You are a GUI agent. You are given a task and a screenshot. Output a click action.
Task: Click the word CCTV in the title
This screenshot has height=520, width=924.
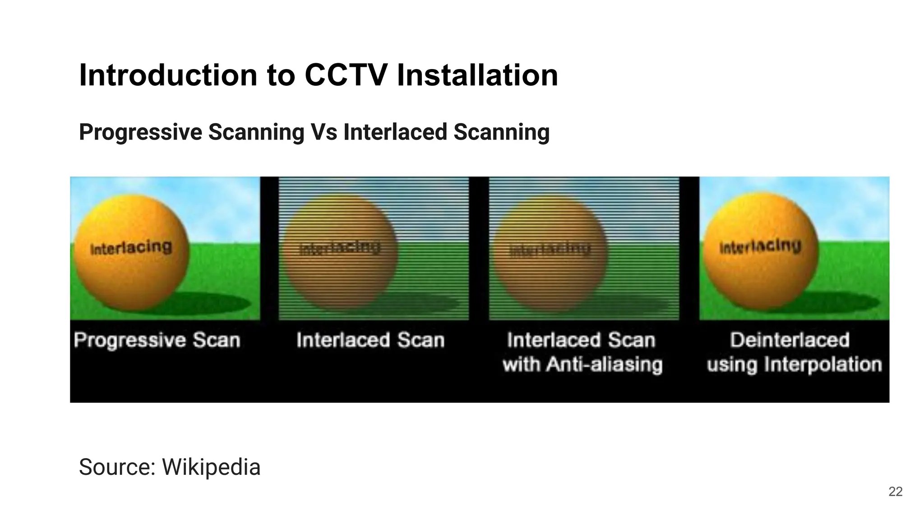346,75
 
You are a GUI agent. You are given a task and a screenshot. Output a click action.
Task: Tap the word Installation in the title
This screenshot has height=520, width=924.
477,75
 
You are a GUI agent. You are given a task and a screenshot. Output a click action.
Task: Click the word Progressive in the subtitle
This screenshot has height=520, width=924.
140,132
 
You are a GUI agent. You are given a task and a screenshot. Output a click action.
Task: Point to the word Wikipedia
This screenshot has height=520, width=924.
211,467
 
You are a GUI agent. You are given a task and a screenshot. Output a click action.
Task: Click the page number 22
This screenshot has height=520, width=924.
895,492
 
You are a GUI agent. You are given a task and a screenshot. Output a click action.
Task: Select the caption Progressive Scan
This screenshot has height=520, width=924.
157,340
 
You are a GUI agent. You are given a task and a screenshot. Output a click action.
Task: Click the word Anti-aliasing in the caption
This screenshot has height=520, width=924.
605,364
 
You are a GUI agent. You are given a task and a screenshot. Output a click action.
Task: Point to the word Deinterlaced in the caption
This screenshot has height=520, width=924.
790,340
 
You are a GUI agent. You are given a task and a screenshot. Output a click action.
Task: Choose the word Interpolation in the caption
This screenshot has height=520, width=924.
823,364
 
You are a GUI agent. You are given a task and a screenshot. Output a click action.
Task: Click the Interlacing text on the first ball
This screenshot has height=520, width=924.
131,248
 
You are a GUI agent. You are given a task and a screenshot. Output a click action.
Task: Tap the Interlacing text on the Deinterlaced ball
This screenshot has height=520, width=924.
760,246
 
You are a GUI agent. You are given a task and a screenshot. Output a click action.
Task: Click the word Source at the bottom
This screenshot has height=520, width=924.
117,467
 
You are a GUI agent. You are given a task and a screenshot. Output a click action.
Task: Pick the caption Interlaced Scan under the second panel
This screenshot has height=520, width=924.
370,340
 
